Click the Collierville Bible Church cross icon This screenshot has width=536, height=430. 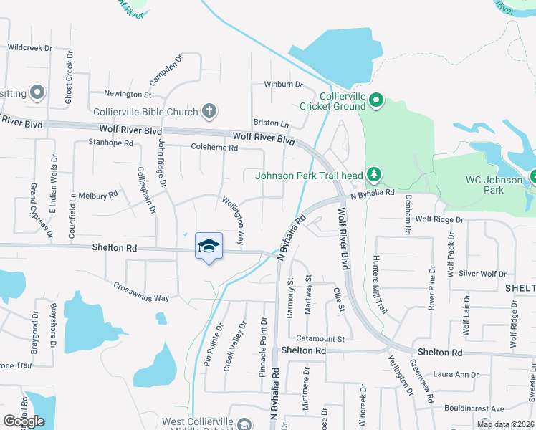(x=209, y=110)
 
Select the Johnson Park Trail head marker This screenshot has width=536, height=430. (x=373, y=174)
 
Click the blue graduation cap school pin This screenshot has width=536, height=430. (x=209, y=246)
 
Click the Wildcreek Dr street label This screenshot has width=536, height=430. (x=30, y=48)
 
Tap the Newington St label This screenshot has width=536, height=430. (x=128, y=94)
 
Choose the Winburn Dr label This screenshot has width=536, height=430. (x=283, y=84)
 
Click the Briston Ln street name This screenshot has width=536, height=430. (x=270, y=123)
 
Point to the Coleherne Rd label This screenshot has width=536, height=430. (x=214, y=147)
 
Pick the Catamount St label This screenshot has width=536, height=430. (x=317, y=338)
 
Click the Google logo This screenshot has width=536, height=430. (x=24, y=421)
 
